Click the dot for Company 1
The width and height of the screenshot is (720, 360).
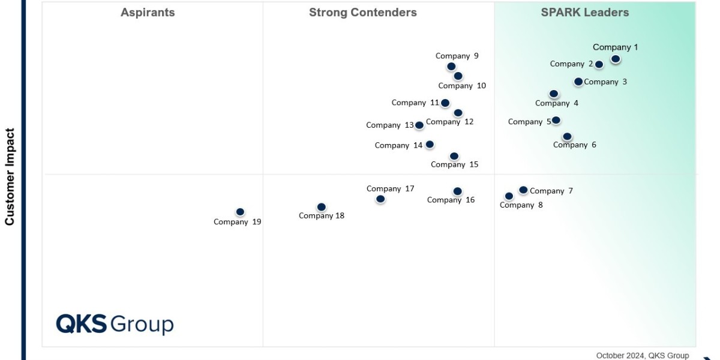pos(615,59)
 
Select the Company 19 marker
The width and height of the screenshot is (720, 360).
pos(240,212)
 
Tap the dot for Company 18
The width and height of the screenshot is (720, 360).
pos(321,207)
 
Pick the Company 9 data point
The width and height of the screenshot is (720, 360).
pos(451,67)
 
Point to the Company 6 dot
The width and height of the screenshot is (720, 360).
pos(567,137)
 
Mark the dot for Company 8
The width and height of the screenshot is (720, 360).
pos(509,196)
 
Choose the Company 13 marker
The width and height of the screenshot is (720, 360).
pos(419,125)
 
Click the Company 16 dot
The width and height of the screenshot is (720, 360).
pos(457,191)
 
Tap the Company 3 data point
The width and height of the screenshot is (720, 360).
pos(578,82)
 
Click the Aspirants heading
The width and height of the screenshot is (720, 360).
pos(148,13)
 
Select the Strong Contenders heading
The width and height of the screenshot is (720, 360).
pos(362,13)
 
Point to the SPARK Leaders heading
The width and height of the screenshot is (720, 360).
pos(584,13)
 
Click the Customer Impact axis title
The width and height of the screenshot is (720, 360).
pos(10,176)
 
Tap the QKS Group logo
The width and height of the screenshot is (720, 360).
pos(115,324)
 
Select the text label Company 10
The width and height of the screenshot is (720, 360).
pos(462,86)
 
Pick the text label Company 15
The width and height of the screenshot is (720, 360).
pos(454,165)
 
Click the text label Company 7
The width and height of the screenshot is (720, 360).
pos(551,191)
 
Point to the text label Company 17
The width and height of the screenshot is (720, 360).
pos(390,189)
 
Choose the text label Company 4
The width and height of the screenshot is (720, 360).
pos(556,103)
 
